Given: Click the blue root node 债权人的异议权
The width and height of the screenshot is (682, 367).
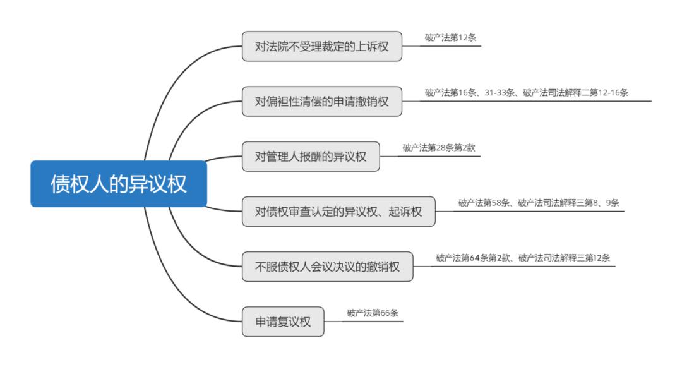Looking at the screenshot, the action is click(x=119, y=183).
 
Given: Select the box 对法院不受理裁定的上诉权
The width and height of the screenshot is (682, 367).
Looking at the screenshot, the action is click(x=322, y=46).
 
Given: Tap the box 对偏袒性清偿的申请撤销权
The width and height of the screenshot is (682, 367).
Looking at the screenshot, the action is click(x=322, y=101).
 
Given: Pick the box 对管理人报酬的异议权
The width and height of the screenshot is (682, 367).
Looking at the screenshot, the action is click(x=311, y=157).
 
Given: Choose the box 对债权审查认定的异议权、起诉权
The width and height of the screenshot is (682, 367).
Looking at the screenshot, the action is click(x=338, y=212).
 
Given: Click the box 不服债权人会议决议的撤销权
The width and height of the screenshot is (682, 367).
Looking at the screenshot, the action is click(x=328, y=267).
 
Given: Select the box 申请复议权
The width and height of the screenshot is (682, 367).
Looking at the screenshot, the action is click(x=283, y=322).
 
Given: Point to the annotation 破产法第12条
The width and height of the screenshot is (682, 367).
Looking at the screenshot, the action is click(x=450, y=38).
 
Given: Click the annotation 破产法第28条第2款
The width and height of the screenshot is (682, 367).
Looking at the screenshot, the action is click(x=439, y=148).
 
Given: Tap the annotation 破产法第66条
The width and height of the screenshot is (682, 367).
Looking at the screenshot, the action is click(x=373, y=313).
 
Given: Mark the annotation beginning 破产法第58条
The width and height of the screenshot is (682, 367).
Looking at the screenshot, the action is click(x=539, y=203).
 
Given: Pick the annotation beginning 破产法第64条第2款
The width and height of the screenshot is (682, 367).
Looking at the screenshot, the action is click(x=523, y=258).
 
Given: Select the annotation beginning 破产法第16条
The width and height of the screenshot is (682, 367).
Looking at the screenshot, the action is click(x=526, y=93).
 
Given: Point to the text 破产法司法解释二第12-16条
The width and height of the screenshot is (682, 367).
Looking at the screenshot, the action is click(x=575, y=93).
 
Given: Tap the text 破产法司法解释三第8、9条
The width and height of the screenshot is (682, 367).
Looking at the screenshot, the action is click(x=568, y=203).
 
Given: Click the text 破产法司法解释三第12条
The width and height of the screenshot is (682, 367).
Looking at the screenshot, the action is click(x=564, y=258).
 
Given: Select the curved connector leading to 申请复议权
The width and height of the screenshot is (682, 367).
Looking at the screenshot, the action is click(x=174, y=282).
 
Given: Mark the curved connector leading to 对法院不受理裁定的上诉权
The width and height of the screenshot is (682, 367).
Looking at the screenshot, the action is click(x=174, y=83).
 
